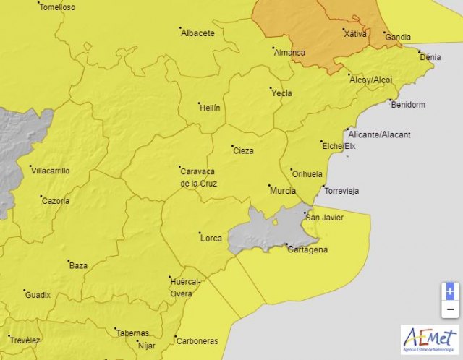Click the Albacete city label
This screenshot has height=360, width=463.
coord(197,33)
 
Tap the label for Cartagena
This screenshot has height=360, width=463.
coord(307,250)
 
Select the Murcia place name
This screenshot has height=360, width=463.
coord(282,190)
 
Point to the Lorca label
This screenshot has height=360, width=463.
coord(211,237)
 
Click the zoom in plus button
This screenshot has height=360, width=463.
coord(450,291)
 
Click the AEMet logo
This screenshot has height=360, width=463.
coord(430,339)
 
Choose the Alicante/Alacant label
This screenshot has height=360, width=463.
coord(379,135)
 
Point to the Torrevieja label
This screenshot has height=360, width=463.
coord(341,192)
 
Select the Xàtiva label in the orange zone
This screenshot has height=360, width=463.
coord(354,34)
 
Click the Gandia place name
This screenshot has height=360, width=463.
coord(398,38)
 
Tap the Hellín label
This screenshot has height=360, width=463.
coord(209,108)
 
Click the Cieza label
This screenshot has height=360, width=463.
coord(243,151)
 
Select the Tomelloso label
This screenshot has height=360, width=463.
coord(57,7)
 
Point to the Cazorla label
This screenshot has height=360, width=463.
coord(56,201)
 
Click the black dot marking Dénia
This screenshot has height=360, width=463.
coord(419,51)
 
